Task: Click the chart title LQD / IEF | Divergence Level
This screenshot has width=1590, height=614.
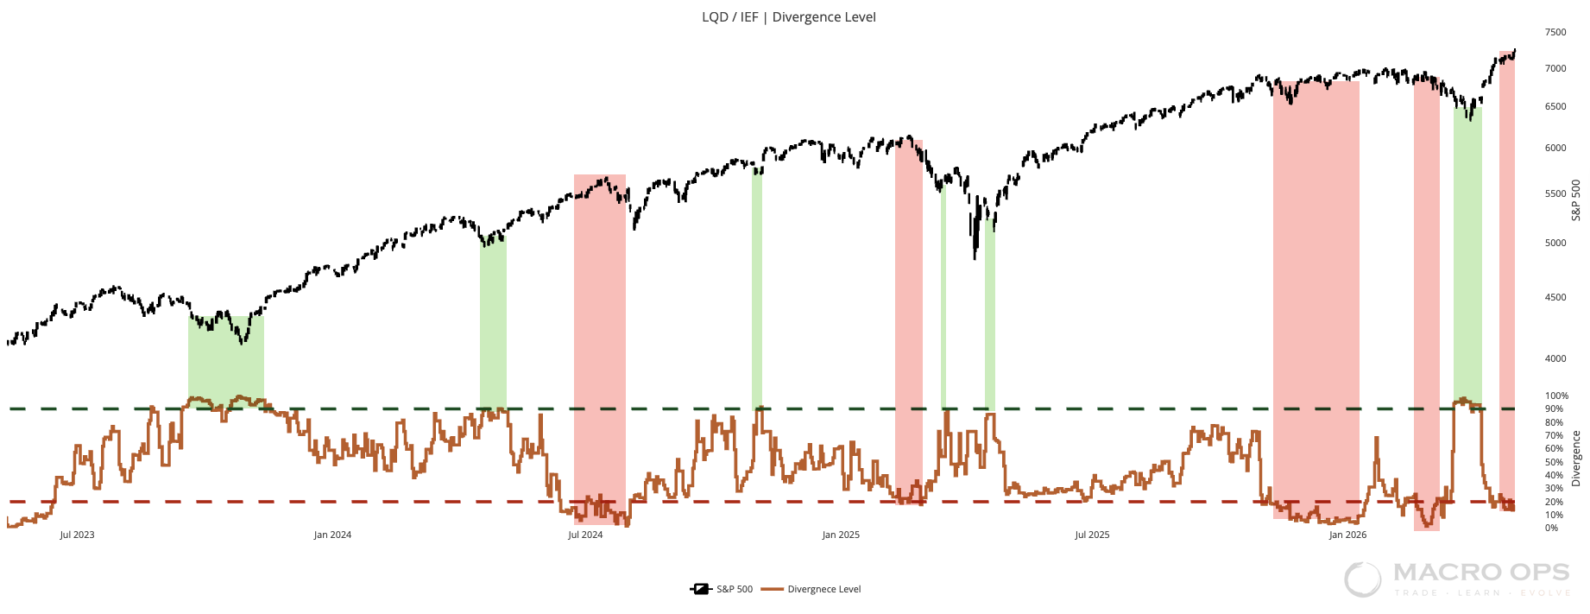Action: click(x=789, y=17)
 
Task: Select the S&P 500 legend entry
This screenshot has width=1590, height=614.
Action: click(x=722, y=589)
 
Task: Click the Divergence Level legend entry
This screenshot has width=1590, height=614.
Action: click(x=811, y=589)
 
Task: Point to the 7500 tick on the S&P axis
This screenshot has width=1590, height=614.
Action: click(x=1555, y=33)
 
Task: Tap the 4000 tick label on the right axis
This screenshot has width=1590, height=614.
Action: click(x=1555, y=358)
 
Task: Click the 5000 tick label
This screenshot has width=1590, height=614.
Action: click(x=1555, y=243)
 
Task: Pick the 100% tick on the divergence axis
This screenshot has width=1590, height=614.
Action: click(x=1556, y=396)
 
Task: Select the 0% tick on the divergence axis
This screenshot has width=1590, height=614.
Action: click(x=1551, y=528)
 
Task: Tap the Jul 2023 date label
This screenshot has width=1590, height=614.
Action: click(x=77, y=535)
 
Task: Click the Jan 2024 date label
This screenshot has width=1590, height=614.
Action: click(x=332, y=535)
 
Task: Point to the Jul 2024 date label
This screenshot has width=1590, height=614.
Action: click(x=585, y=535)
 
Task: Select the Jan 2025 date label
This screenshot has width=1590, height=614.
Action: click(x=841, y=535)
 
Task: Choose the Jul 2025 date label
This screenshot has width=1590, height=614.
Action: click(x=1092, y=535)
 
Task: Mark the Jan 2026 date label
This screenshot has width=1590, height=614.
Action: click(x=1347, y=535)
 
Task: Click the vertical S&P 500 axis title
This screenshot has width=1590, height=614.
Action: click(x=1576, y=199)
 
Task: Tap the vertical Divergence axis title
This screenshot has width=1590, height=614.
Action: click(x=1576, y=459)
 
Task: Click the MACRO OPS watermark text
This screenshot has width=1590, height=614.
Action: click(x=1481, y=572)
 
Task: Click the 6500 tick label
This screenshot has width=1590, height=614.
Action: click(x=1555, y=107)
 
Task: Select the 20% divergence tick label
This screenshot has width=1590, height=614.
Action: click(x=1554, y=502)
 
